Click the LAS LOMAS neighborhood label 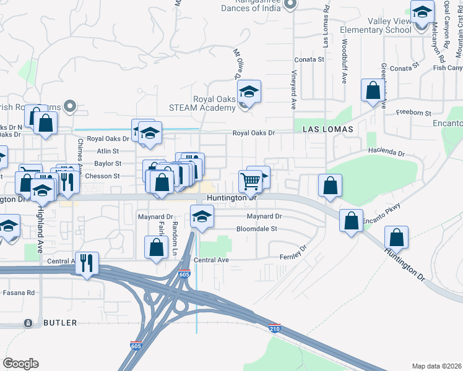click(x=327, y=129)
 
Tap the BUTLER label click(x=60, y=323)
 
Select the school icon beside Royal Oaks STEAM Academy click(x=249, y=93)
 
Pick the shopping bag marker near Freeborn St click(x=373, y=91)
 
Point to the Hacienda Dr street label click(x=386, y=151)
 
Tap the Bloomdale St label click(x=256, y=229)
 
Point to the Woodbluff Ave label click(x=344, y=62)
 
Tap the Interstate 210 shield click(x=274, y=329)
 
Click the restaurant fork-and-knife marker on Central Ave click(x=86, y=263)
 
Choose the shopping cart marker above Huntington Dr click(x=250, y=182)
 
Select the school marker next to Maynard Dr click(x=202, y=217)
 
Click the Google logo click(x=20, y=364)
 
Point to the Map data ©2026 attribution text click(x=436, y=366)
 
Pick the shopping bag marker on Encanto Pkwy click(x=351, y=221)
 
